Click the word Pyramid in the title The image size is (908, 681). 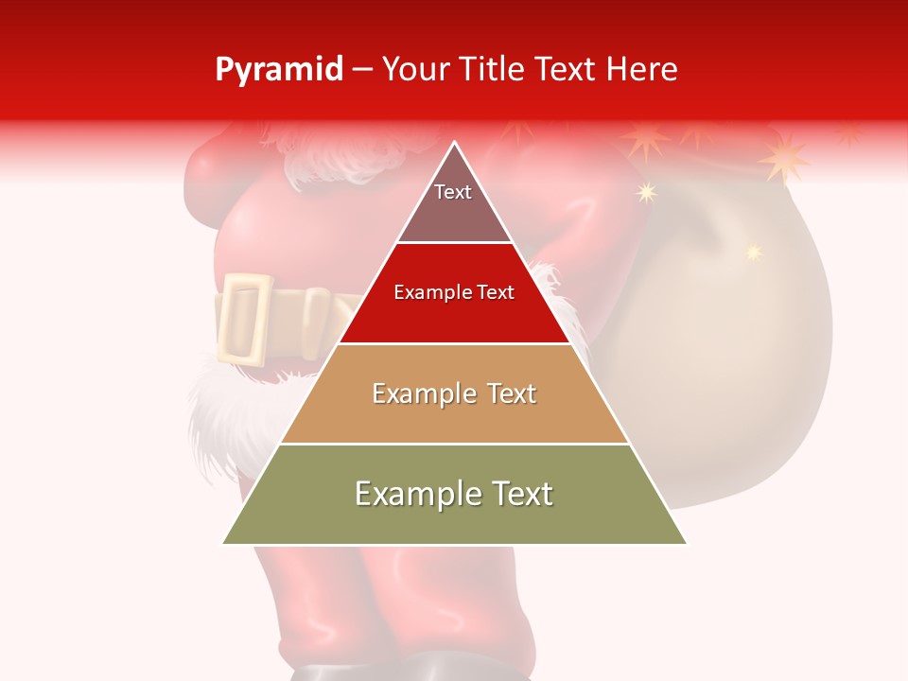(x=278, y=70)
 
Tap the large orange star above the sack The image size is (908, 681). (x=784, y=158)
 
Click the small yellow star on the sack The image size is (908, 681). (x=753, y=253)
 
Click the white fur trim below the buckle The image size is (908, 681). (x=222, y=407)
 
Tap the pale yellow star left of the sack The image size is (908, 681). (x=646, y=193)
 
